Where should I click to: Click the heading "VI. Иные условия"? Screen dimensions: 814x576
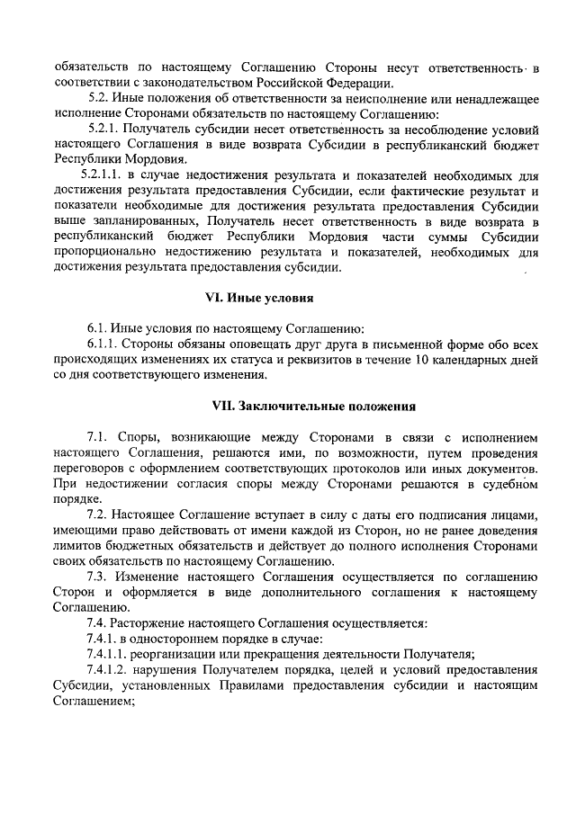[x=287, y=298]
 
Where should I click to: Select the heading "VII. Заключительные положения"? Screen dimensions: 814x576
[x=287, y=406]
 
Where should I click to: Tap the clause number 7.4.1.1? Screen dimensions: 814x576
[x=112, y=654]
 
